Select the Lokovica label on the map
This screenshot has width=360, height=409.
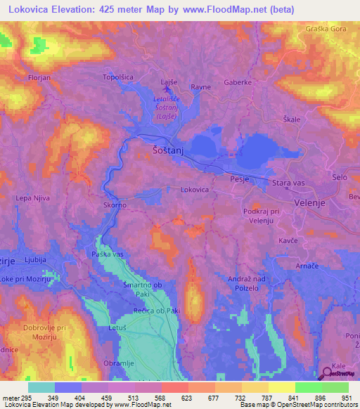(195, 190)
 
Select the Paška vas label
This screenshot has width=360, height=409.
(108, 254)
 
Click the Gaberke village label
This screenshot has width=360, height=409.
(238, 82)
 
